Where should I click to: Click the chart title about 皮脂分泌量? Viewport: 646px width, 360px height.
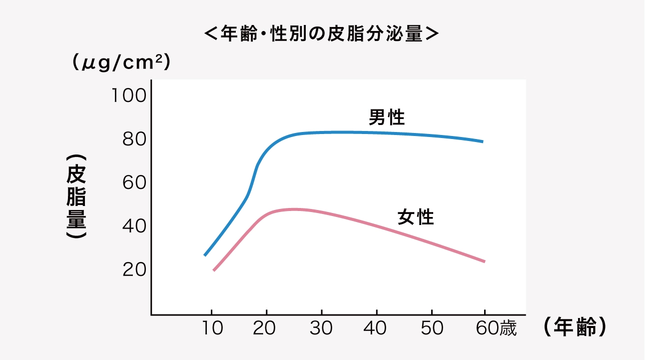click(322, 34)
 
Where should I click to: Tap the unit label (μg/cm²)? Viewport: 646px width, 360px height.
click(121, 63)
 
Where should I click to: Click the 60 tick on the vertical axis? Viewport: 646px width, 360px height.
click(133, 182)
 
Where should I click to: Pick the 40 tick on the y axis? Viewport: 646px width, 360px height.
click(133, 226)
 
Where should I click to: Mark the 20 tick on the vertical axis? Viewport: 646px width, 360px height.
click(133, 270)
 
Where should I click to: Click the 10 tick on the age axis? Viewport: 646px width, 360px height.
click(211, 328)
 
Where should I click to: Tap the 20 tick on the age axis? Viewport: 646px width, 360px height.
click(266, 328)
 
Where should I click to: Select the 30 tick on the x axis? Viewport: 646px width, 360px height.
click(322, 328)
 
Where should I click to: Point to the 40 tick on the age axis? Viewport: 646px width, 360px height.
click(376, 328)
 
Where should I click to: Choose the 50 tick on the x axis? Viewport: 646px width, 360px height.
click(432, 328)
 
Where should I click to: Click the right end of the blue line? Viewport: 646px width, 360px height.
click(483, 141)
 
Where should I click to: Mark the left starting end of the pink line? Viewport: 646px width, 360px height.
click(214, 270)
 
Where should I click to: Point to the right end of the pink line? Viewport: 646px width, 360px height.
click(484, 261)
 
